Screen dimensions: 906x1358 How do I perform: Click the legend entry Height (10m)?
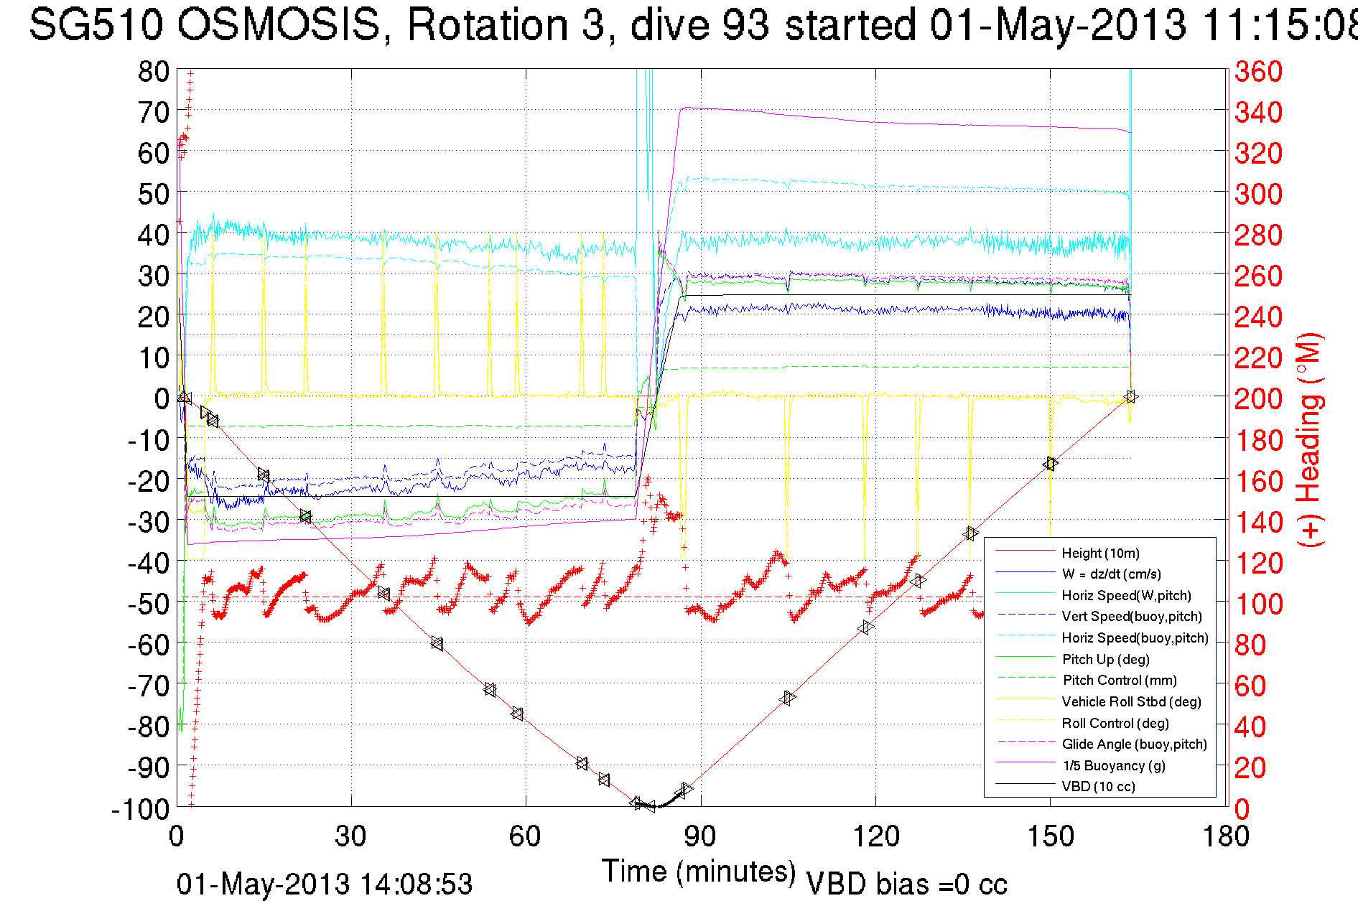[x=1100, y=553]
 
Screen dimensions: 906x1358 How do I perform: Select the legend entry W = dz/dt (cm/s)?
[x=1111, y=574]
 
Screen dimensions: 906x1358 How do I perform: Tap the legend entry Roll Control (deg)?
[x=1115, y=723]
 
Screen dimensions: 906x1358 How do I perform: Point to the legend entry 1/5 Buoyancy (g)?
[x=1113, y=765]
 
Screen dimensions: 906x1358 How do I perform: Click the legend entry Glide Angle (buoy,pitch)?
[x=1134, y=744]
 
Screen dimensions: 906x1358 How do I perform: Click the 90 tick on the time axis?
[x=699, y=836]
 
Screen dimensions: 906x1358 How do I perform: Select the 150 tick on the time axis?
[x=1050, y=836]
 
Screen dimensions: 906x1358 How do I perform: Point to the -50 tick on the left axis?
[x=149, y=603]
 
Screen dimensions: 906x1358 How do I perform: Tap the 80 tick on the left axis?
[x=153, y=72]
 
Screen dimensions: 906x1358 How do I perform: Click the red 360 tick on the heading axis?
[x=1258, y=72]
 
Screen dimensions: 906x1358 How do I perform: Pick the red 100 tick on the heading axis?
[x=1258, y=604]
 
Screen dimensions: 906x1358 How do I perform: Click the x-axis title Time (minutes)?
[x=699, y=872]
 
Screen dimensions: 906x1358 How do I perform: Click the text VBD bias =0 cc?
[x=906, y=884]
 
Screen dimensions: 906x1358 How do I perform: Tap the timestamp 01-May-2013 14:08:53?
[x=325, y=884]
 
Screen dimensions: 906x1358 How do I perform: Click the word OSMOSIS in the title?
[x=279, y=24]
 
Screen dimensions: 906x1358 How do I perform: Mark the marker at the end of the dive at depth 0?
[x=1130, y=397]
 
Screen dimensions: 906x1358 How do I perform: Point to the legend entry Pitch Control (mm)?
[x=1119, y=681]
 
